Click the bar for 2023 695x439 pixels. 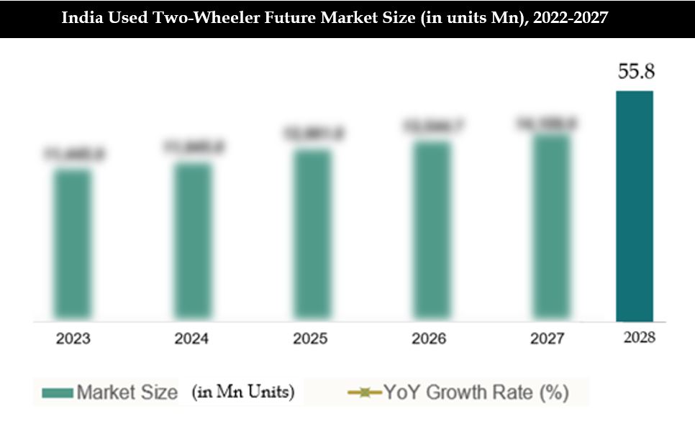tap(72, 245)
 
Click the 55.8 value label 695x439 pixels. tap(635, 72)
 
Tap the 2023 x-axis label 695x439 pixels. tap(73, 338)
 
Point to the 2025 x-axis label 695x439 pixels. tap(312, 338)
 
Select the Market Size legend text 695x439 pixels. tap(127, 393)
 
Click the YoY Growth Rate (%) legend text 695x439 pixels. tap(476, 393)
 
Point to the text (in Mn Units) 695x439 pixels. tap(242, 393)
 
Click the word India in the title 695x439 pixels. tap(81, 18)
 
